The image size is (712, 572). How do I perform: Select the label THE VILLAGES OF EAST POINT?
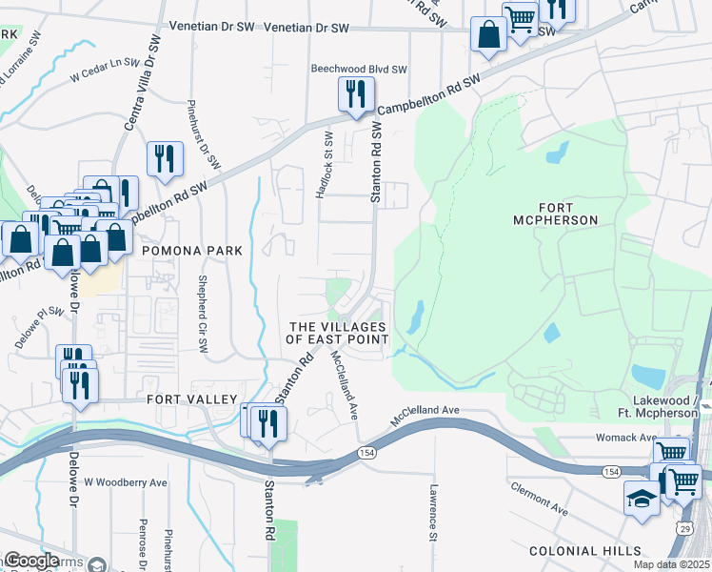pos(338,333)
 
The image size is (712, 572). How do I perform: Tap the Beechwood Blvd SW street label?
pos(360,70)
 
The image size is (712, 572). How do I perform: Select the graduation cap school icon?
pos(642,498)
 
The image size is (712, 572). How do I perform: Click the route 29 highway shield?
pos(685,527)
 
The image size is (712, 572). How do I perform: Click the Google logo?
pos(31,561)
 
